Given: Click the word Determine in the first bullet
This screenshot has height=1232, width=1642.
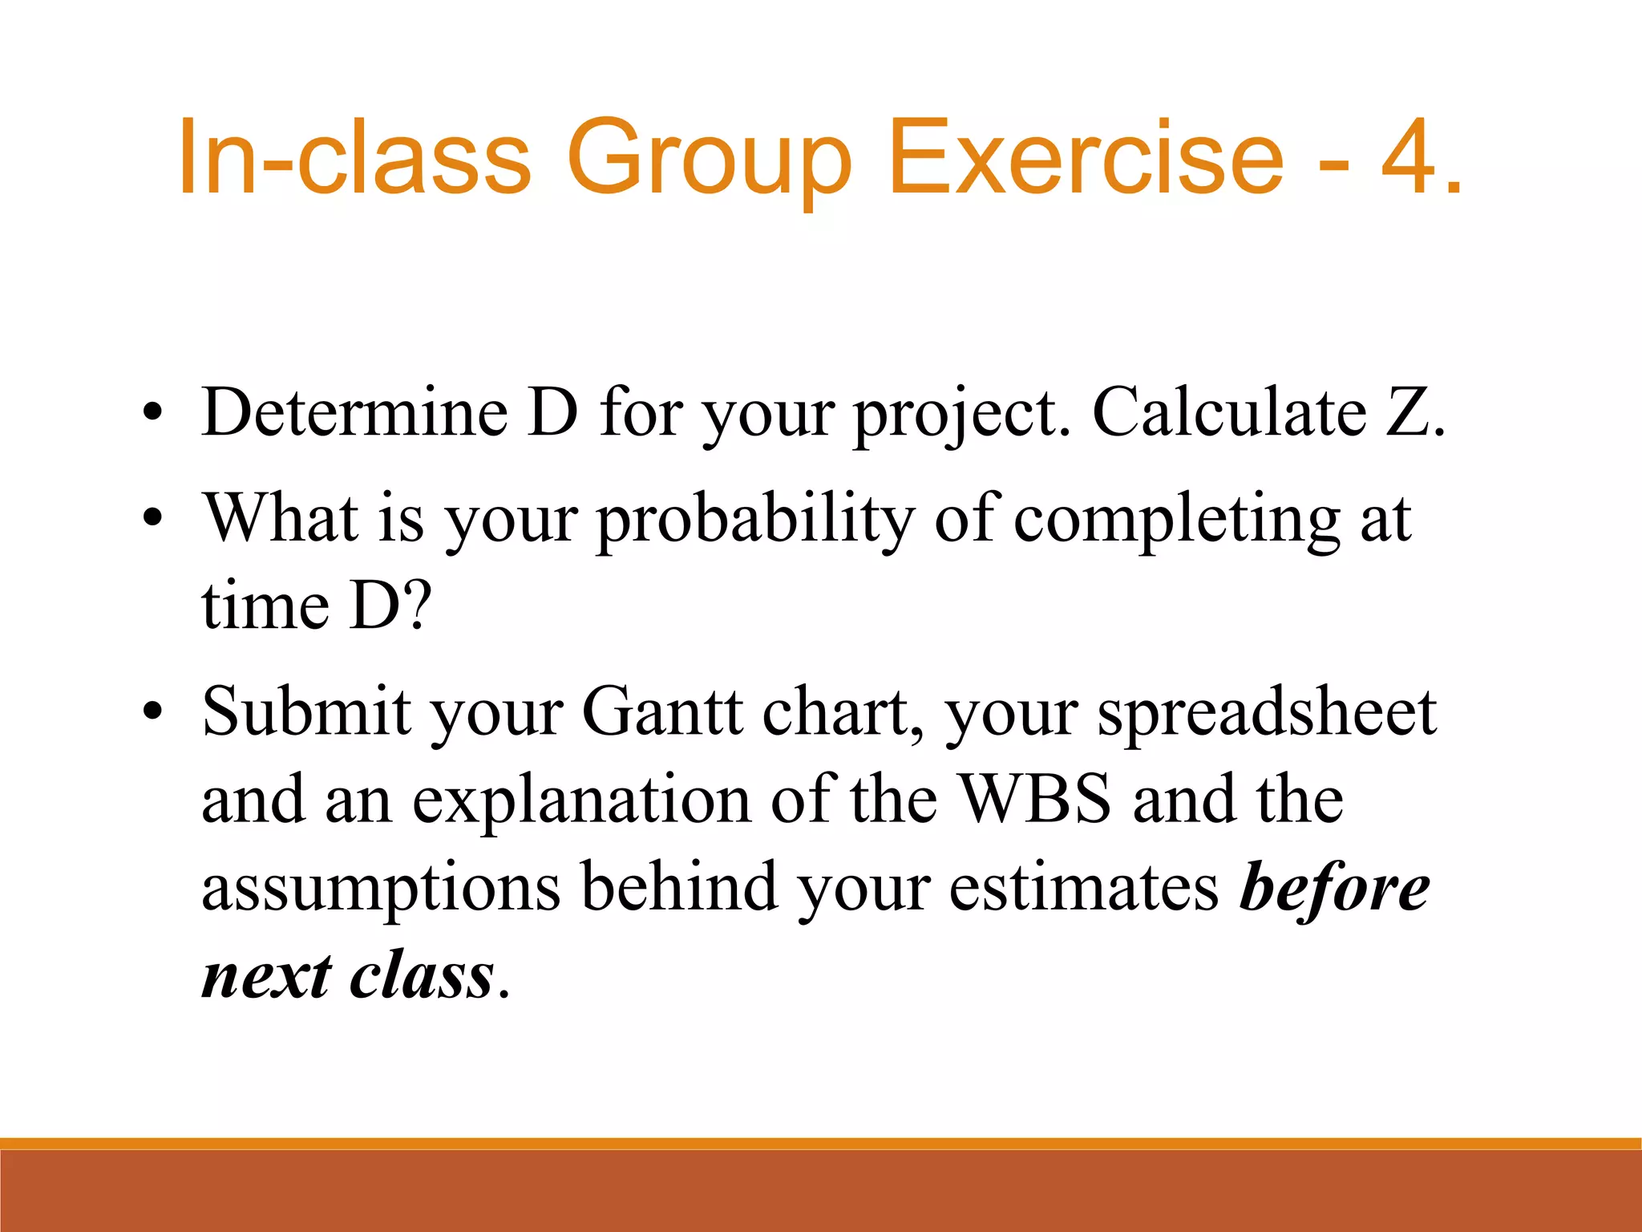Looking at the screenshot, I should pyautogui.click(x=354, y=412).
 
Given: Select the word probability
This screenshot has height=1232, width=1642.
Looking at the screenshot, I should pyautogui.click(x=756, y=520).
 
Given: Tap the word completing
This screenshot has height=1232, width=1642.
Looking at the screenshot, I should pyautogui.click(x=1177, y=520).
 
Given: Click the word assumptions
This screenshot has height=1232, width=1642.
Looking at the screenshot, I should pyautogui.click(x=380, y=889).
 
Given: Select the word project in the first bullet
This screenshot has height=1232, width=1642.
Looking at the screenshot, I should pyautogui.click(x=961, y=414).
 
